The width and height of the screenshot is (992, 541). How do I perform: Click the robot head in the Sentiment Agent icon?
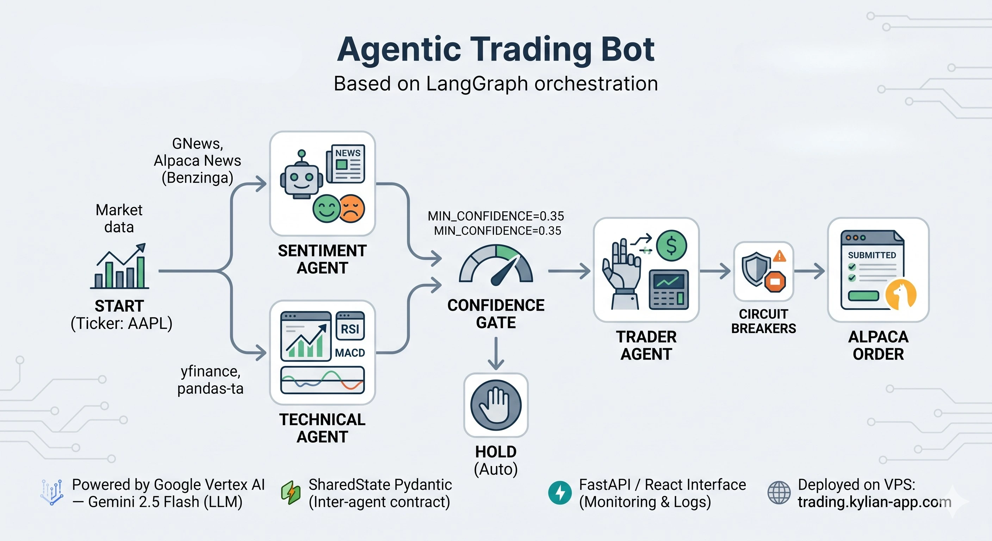tap(301, 179)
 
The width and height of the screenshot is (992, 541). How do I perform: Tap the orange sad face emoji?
tap(352, 208)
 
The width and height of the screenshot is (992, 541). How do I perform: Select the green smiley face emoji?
tap(326, 208)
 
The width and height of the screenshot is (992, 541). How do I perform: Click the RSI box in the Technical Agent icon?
tap(350, 326)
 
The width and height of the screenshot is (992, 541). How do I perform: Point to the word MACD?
tap(350, 353)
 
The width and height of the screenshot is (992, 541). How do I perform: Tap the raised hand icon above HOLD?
tap(496, 405)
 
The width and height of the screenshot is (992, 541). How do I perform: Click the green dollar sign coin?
tap(671, 245)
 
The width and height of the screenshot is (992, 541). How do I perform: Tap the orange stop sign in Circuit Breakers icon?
tap(775, 281)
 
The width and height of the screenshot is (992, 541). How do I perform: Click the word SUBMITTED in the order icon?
tap(872, 255)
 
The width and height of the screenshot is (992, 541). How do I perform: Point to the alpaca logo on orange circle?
tap(901, 294)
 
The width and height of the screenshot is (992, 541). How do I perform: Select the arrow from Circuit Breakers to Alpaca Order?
tap(809, 271)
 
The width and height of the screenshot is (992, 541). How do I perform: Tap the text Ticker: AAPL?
tap(121, 323)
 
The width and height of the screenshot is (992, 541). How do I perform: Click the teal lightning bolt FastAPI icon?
tap(560, 492)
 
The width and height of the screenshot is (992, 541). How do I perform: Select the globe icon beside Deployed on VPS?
tap(779, 492)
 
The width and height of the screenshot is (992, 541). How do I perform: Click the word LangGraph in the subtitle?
tap(478, 83)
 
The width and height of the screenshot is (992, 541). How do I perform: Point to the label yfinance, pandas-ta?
tap(210, 380)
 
